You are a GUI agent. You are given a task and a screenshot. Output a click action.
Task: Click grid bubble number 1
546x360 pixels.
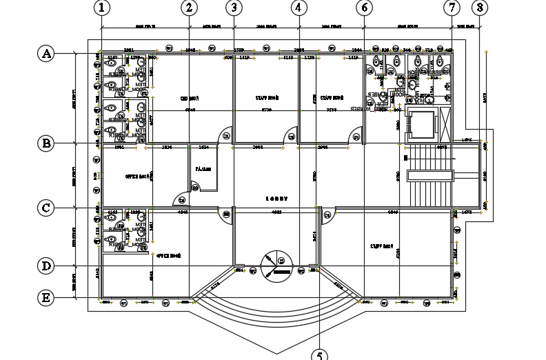pyautogui.click(x=101, y=8)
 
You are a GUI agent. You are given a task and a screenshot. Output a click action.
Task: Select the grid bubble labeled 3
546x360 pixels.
pyautogui.click(x=234, y=8)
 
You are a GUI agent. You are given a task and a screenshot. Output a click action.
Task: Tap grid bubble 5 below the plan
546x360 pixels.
pyautogui.click(x=320, y=354)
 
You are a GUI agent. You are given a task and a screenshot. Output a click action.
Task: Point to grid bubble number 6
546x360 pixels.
pyautogui.click(x=365, y=8)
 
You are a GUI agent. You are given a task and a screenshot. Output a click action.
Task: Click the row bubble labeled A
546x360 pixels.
pyautogui.click(x=46, y=54)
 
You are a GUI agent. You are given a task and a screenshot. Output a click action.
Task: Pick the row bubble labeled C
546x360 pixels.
pyautogui.click(x=46, y=208)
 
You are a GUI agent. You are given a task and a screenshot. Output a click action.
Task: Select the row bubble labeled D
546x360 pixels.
pyautogui.click(x=46, y=266)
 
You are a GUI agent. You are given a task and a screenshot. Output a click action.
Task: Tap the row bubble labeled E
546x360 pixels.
pyautogui.click(x=46, y=298)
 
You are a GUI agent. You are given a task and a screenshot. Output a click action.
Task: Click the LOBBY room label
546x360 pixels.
pyautogui.click(x=276, y=199)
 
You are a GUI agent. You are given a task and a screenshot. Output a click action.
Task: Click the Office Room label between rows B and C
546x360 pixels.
pyautogui.click(x=138, y=177)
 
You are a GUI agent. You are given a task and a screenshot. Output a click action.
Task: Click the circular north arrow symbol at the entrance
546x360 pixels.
pyautogui.click(x=275, y=264)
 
